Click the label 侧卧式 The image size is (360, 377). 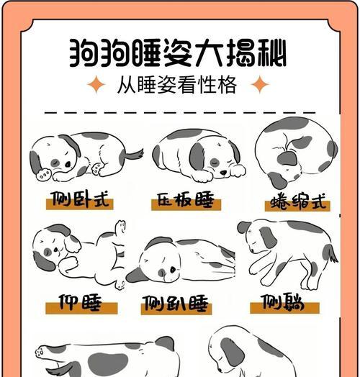(x=80, y=199)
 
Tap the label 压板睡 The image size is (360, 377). (x=186, y=199)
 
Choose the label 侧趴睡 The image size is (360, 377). (x=175, y=304)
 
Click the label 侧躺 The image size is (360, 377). (x=283, y=301)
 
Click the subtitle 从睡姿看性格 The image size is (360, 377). (x=177, y=85)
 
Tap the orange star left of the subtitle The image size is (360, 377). (x=96, y=84)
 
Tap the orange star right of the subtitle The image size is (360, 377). (x=260, y=84)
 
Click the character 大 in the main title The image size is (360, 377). (x=208, y=53)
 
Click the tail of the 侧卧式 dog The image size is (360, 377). (x=133, y=155)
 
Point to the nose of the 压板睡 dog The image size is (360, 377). (x=223, y=172)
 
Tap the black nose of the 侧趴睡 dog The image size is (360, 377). (x=173, y=270)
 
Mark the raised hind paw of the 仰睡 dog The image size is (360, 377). (x=120, y=226)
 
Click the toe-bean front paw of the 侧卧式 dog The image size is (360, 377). (x=43, y=175)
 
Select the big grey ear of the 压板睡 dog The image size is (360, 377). (x=197, y=156)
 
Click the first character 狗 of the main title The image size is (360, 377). (x=84, y=53)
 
